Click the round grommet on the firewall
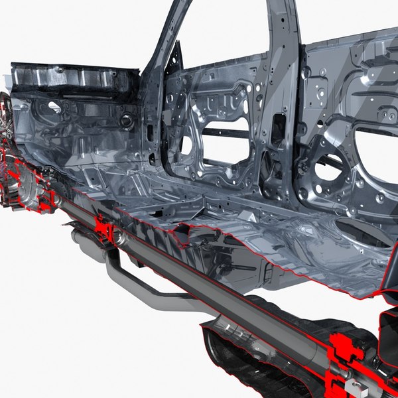tap(126, 121)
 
